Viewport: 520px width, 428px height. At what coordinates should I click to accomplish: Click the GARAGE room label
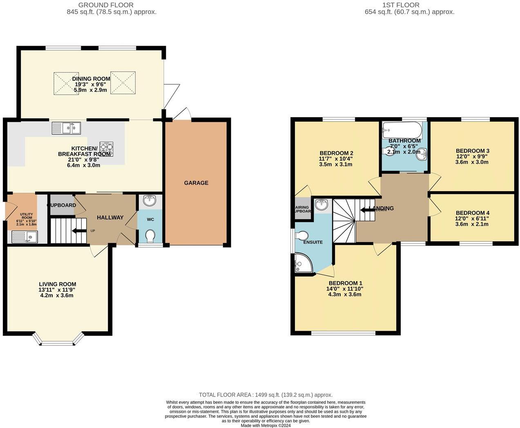(196, 183)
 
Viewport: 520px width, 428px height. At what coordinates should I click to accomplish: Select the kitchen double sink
(66, 128)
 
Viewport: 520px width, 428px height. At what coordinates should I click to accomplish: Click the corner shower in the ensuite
(303, 263)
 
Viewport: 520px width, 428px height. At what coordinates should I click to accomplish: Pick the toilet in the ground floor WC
(150, 236)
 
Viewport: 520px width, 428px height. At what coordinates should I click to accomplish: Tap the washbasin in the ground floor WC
(150, 200)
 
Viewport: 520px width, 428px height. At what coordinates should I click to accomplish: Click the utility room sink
(25, 237)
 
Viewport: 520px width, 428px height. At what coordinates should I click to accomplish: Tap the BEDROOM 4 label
(472, 213)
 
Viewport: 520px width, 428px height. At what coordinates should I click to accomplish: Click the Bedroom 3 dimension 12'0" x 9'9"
(472, 156)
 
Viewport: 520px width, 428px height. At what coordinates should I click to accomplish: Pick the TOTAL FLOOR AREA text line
(266, 395)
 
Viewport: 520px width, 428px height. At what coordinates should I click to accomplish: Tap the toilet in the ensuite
(302, 236)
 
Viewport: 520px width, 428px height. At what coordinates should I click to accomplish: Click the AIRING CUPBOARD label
(303, 209)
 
